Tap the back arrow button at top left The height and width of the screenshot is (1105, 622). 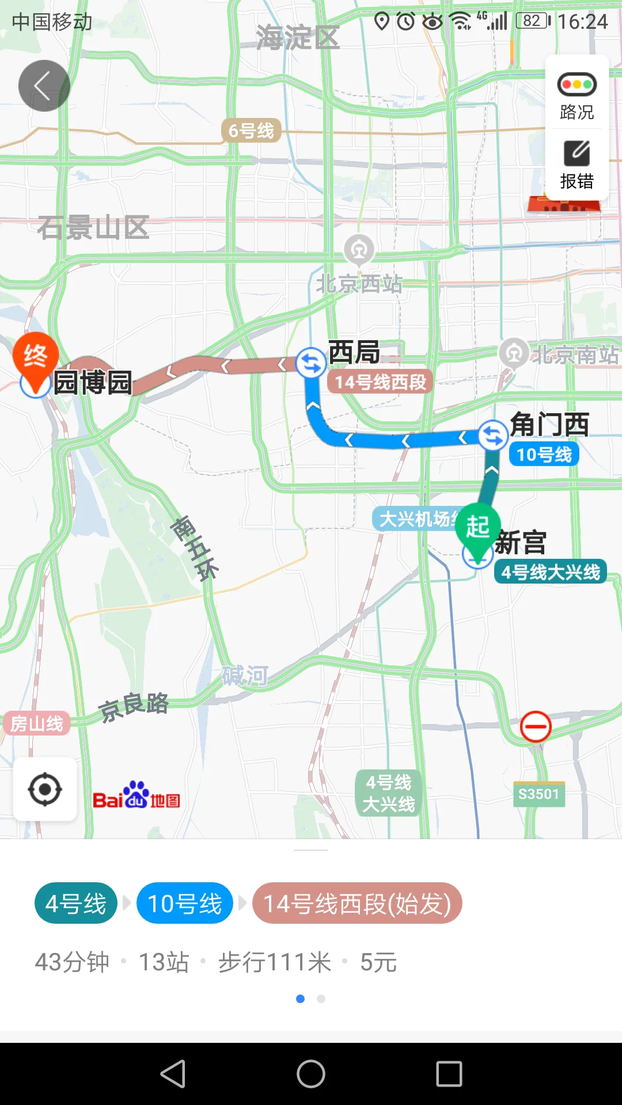pyautogui.click(x=44, y=86)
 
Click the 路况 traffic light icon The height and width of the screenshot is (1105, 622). pyautogui.click(x=577, y=85)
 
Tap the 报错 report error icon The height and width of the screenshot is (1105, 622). pyautogui.click(x=577, y=154)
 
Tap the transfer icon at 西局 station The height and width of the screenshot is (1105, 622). pyautogui.click(x=311, y=363)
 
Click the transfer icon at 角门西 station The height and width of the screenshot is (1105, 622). pyautogui.click(x=493, y=436)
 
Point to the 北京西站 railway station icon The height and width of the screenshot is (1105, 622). pyautogui.click(x=359, y=250)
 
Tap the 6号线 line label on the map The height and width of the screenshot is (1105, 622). pyautogui.click(x=251, y=131)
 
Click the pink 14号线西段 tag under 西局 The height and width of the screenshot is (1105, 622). pyautogui.click(x=380, y=382)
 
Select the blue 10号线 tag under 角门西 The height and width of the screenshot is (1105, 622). pyautogui.click(x=544, y=455)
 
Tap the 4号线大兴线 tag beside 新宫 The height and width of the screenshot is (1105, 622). pyautogui.click(x=551, y=572)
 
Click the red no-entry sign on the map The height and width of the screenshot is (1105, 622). pyautogui.click(x=536, y=727)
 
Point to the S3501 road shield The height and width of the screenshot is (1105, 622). pyautogui.click(x=538, y=794)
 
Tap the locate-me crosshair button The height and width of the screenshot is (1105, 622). pyautogui.click(x=45, y=790)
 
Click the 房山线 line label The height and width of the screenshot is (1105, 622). pyautogui.click(x=36, y=723)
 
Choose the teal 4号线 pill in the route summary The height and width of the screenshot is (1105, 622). pyautogui.click(x=76, y=904)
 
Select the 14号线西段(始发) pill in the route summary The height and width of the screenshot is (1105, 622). pyautogui.click(x=357, y=904)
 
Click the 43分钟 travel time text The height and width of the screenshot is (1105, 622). pyautogui.click(x=72, y=962)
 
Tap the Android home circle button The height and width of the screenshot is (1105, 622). pyautogui.click(x=311, y=1074)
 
